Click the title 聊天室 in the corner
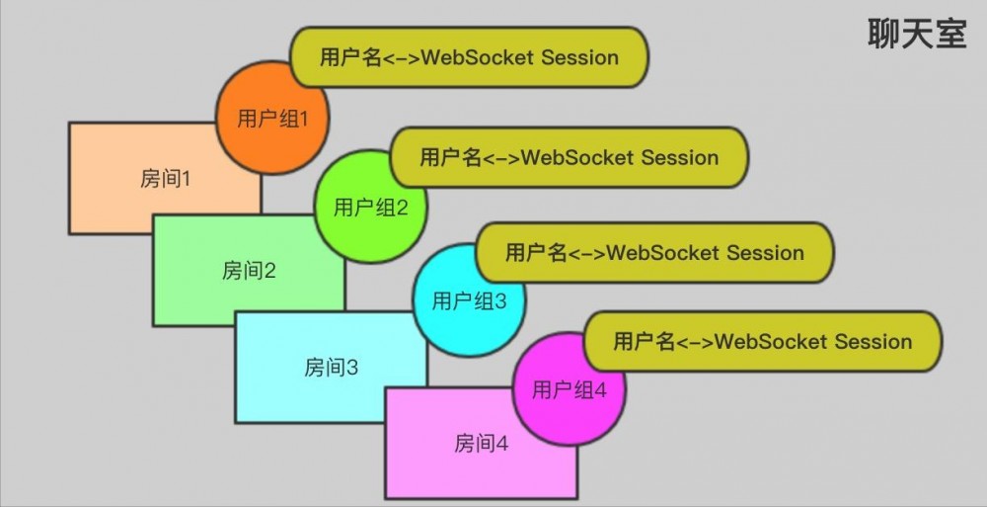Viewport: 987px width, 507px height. [x=917, y=34]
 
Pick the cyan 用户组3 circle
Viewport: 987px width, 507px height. [x=469, y=300]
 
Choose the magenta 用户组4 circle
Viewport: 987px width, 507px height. [x=569, y=389]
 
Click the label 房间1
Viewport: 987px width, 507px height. [x=165, y=179]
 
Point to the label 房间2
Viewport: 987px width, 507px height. [x=249, y=270]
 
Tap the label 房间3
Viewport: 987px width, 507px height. [x=331, y=368]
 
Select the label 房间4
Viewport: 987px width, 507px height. [x=482, y=443]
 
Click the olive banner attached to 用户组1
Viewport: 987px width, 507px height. [x=469, y=57]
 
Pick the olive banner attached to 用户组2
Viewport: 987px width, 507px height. [x=569, y=157]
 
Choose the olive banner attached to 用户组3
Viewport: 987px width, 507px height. [x=654, y=252]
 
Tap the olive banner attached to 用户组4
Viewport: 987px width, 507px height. [x=763, y=342]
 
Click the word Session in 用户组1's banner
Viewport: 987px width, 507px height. [x=579, y=57]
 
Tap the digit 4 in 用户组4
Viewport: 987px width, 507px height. [x=601, y=389]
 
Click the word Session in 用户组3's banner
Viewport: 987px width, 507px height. [x=765, y=252]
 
